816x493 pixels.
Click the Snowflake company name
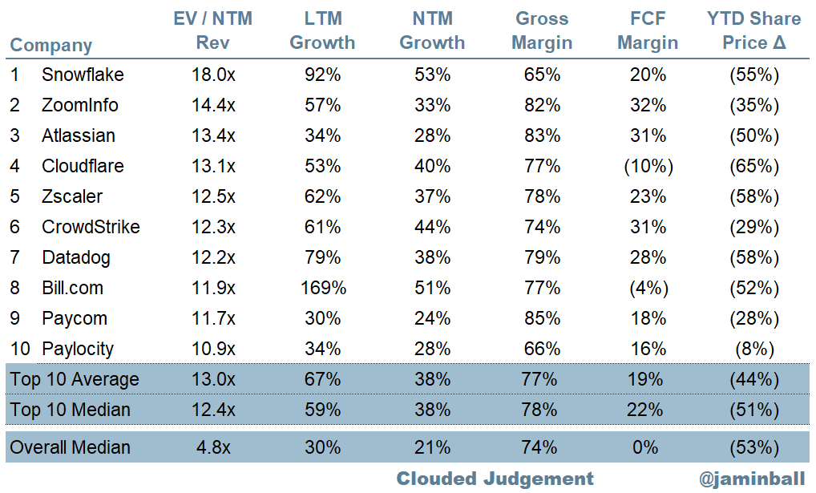click(x=83, y=75)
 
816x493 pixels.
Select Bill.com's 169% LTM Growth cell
click(x=323, y=289)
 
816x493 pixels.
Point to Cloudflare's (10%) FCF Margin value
click(x=648, y=167)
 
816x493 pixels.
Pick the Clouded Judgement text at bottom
click(x=495, y=479)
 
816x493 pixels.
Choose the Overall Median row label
click(x=70, y=447)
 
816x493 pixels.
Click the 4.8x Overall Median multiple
click(x=214, y=447)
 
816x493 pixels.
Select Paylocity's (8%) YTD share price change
click(x=753, y=349)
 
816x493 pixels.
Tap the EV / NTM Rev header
click(x=212, y=30)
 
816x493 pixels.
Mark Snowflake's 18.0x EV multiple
click(x=214, y=75)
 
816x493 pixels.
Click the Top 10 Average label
click(x=74, y=379)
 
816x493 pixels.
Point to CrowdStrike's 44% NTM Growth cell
click(x=433, y=228)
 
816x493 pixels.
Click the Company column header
click(x=50, y=45)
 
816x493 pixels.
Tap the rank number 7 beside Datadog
click(x=15, y=258)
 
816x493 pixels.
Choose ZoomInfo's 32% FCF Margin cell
click(x=648, y=106)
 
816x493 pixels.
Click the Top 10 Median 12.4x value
click(x=214, y=410)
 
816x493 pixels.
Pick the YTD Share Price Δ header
click(x=753, y=30)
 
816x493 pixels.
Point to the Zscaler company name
click(x=72, y=197)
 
